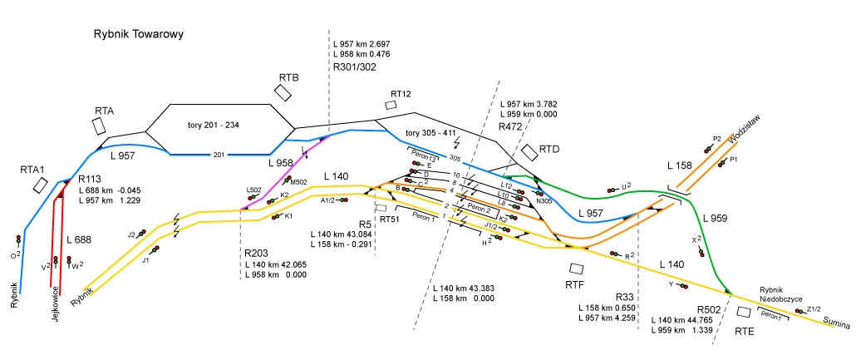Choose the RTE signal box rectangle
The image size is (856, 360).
745,312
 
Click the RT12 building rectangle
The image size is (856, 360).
391,105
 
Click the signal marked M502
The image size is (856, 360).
288,180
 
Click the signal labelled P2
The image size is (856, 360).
708,148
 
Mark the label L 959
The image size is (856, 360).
716,218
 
